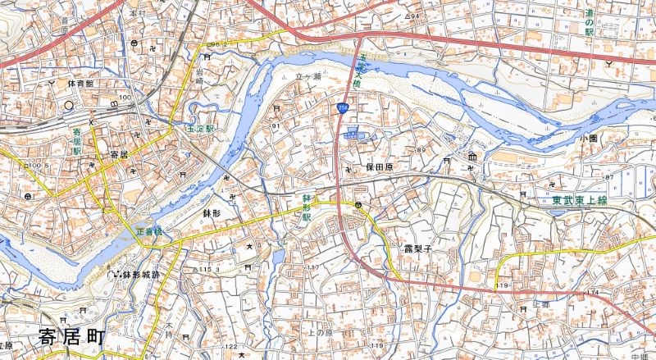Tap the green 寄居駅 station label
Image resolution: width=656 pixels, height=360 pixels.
tap(77, 140)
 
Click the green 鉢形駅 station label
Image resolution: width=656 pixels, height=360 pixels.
tap(306, 208)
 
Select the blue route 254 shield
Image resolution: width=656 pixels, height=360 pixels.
tap(342, 107)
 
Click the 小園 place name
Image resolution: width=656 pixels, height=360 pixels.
tap(587, 139)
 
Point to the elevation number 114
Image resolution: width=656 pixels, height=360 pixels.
tap(592, 292)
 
